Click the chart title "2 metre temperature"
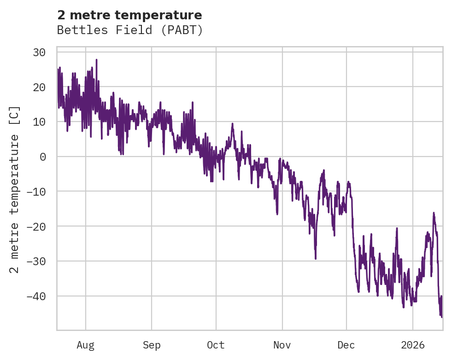[129, 15]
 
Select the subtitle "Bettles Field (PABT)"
[129, 30]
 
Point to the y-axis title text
[15, 189]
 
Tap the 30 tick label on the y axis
[39, 52]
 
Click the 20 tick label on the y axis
[39, 87]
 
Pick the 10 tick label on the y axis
[39, 122]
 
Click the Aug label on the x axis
[85, 345]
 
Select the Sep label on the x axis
[151, 345]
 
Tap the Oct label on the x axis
[216, 345]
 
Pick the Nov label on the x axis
[282, 345]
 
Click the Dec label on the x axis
[346, 345]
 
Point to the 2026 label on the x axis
[413, 345]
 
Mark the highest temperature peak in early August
[96, 59]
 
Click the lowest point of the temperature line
[441, 317]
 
